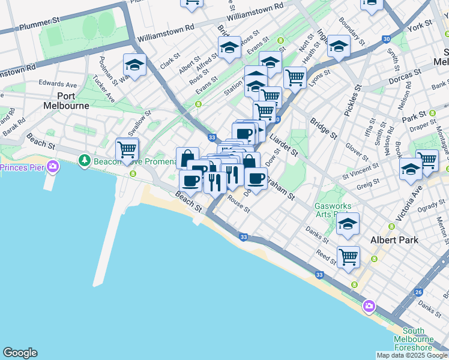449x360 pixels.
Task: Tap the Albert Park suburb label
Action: [390, 239]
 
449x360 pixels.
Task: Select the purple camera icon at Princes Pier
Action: [53, 166]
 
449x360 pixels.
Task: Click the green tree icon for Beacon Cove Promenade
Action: [85, 160]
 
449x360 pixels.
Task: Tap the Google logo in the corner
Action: [20, 353]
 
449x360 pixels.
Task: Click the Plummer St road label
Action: [40, 25]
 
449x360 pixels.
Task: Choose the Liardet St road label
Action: [283, 145]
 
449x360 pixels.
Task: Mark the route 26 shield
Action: [418, 292]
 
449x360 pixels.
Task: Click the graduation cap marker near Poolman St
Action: [134, 65]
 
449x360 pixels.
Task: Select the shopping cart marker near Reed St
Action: [348, 257]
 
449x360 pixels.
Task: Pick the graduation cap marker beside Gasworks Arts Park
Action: [348, 224]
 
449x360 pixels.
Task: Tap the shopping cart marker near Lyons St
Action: [295, 77]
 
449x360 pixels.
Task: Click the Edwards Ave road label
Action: [58, 85]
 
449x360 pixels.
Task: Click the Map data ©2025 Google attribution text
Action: [412, 355]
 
